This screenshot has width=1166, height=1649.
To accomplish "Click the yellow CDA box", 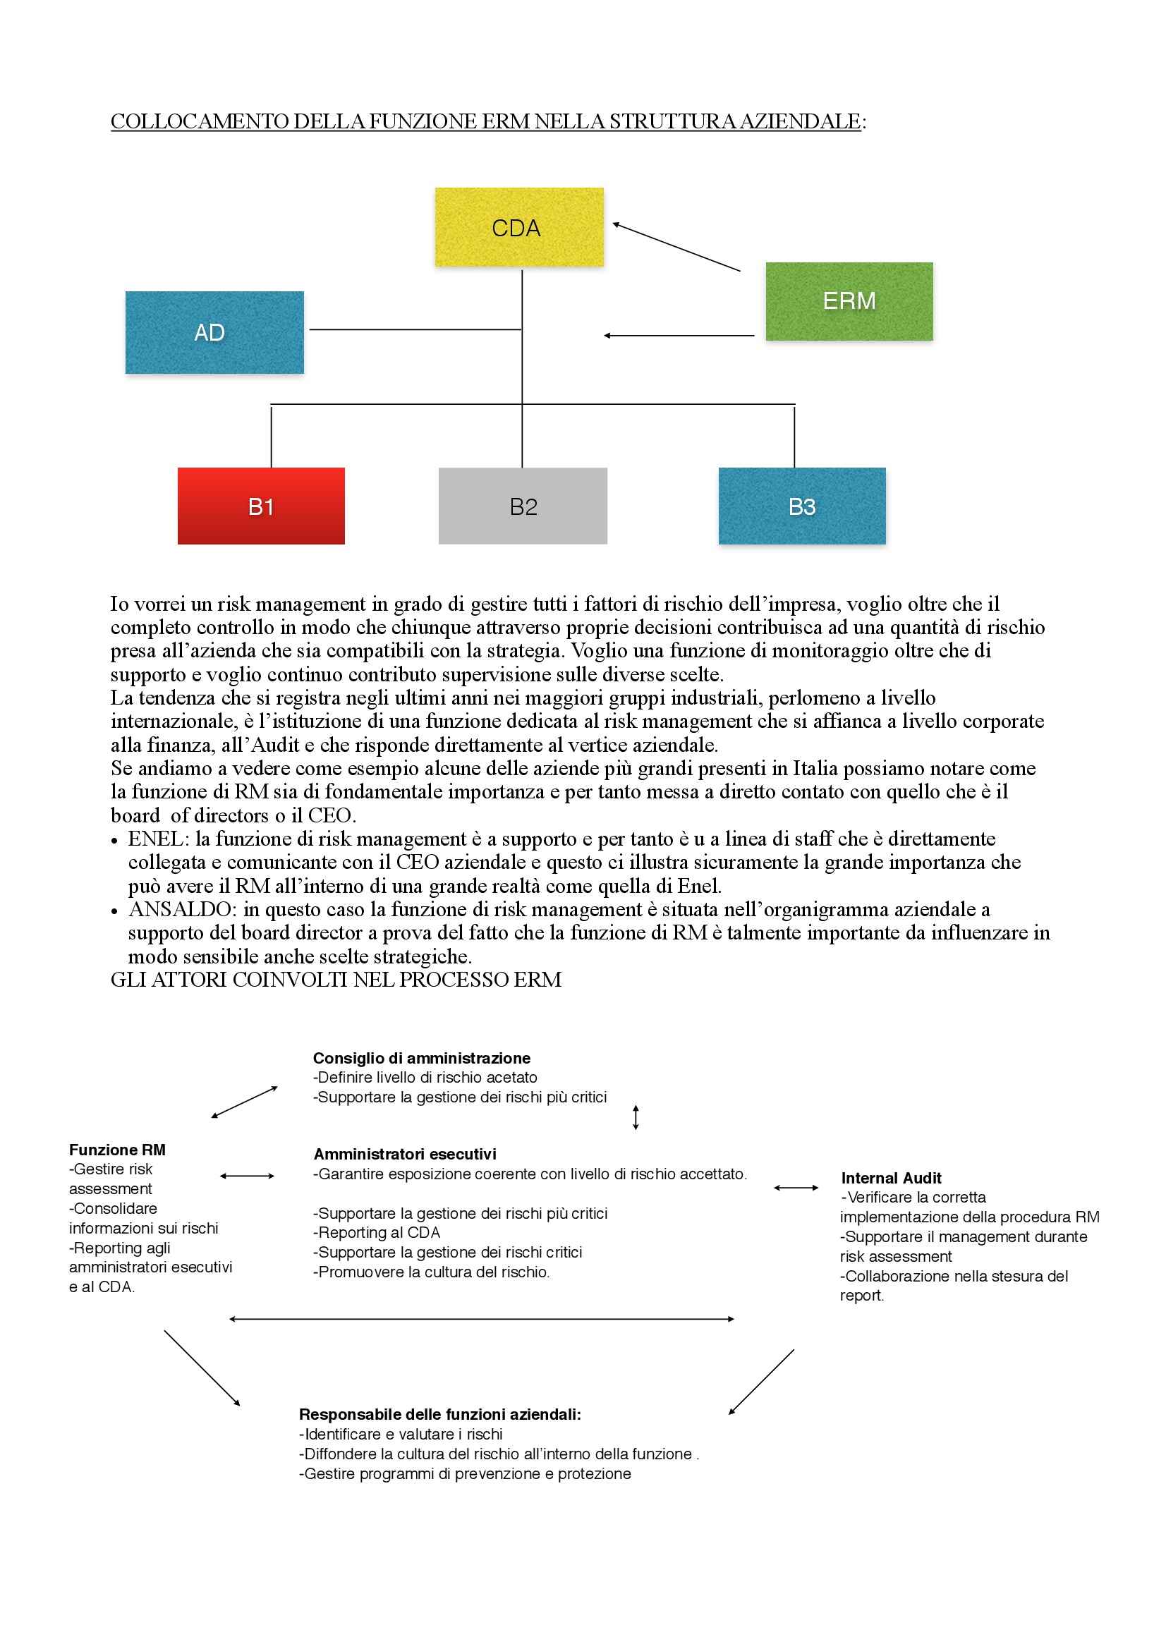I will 518,227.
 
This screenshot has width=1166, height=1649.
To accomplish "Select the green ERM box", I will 849,301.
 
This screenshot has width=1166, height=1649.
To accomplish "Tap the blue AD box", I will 214,331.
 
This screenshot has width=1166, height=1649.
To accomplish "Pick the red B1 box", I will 261,506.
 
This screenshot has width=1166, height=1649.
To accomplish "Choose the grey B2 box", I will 522,506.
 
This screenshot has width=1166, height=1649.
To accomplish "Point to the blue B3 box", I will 802,506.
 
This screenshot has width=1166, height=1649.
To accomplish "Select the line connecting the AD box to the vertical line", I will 415,329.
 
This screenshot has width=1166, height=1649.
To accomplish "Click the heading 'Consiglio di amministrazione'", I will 421,1058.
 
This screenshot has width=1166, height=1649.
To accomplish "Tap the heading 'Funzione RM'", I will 117,1150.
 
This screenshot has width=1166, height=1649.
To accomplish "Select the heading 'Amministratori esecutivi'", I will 404,1154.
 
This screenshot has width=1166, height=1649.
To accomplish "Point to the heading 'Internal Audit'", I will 891,1178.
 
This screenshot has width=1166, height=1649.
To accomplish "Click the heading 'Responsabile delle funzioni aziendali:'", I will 439,1414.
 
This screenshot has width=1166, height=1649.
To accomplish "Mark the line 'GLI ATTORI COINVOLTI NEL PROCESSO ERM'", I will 336,980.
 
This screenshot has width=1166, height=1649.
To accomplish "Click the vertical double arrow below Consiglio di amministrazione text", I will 636,1117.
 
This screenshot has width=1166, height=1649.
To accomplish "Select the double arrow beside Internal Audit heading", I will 796,1188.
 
